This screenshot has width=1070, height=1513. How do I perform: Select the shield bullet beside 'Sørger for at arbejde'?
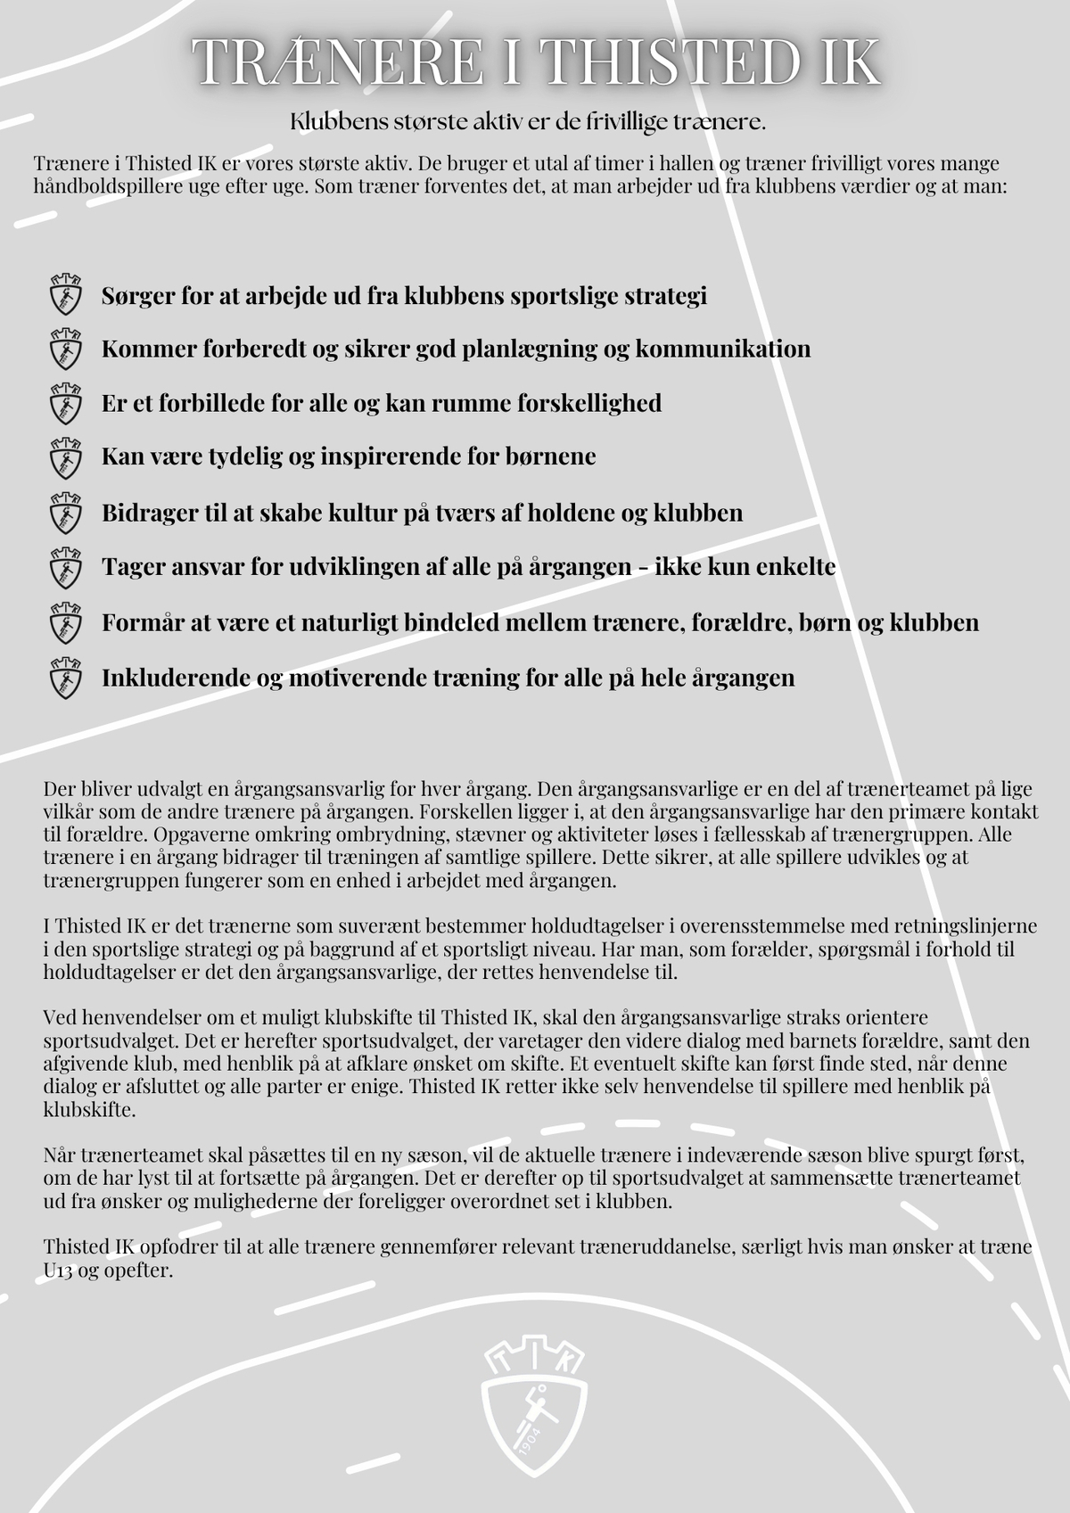(x=65, y=295)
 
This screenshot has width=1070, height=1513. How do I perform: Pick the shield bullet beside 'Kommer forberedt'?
(x=65, y=349)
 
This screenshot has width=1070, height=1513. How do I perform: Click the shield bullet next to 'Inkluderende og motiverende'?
(x=65, y=678)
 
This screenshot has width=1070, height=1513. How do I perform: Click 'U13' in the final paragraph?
(x=58, y=1270)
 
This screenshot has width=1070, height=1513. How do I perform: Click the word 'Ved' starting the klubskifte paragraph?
(x=59, y=1017)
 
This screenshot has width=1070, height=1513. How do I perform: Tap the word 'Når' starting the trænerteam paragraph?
(x=60, y=1155)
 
